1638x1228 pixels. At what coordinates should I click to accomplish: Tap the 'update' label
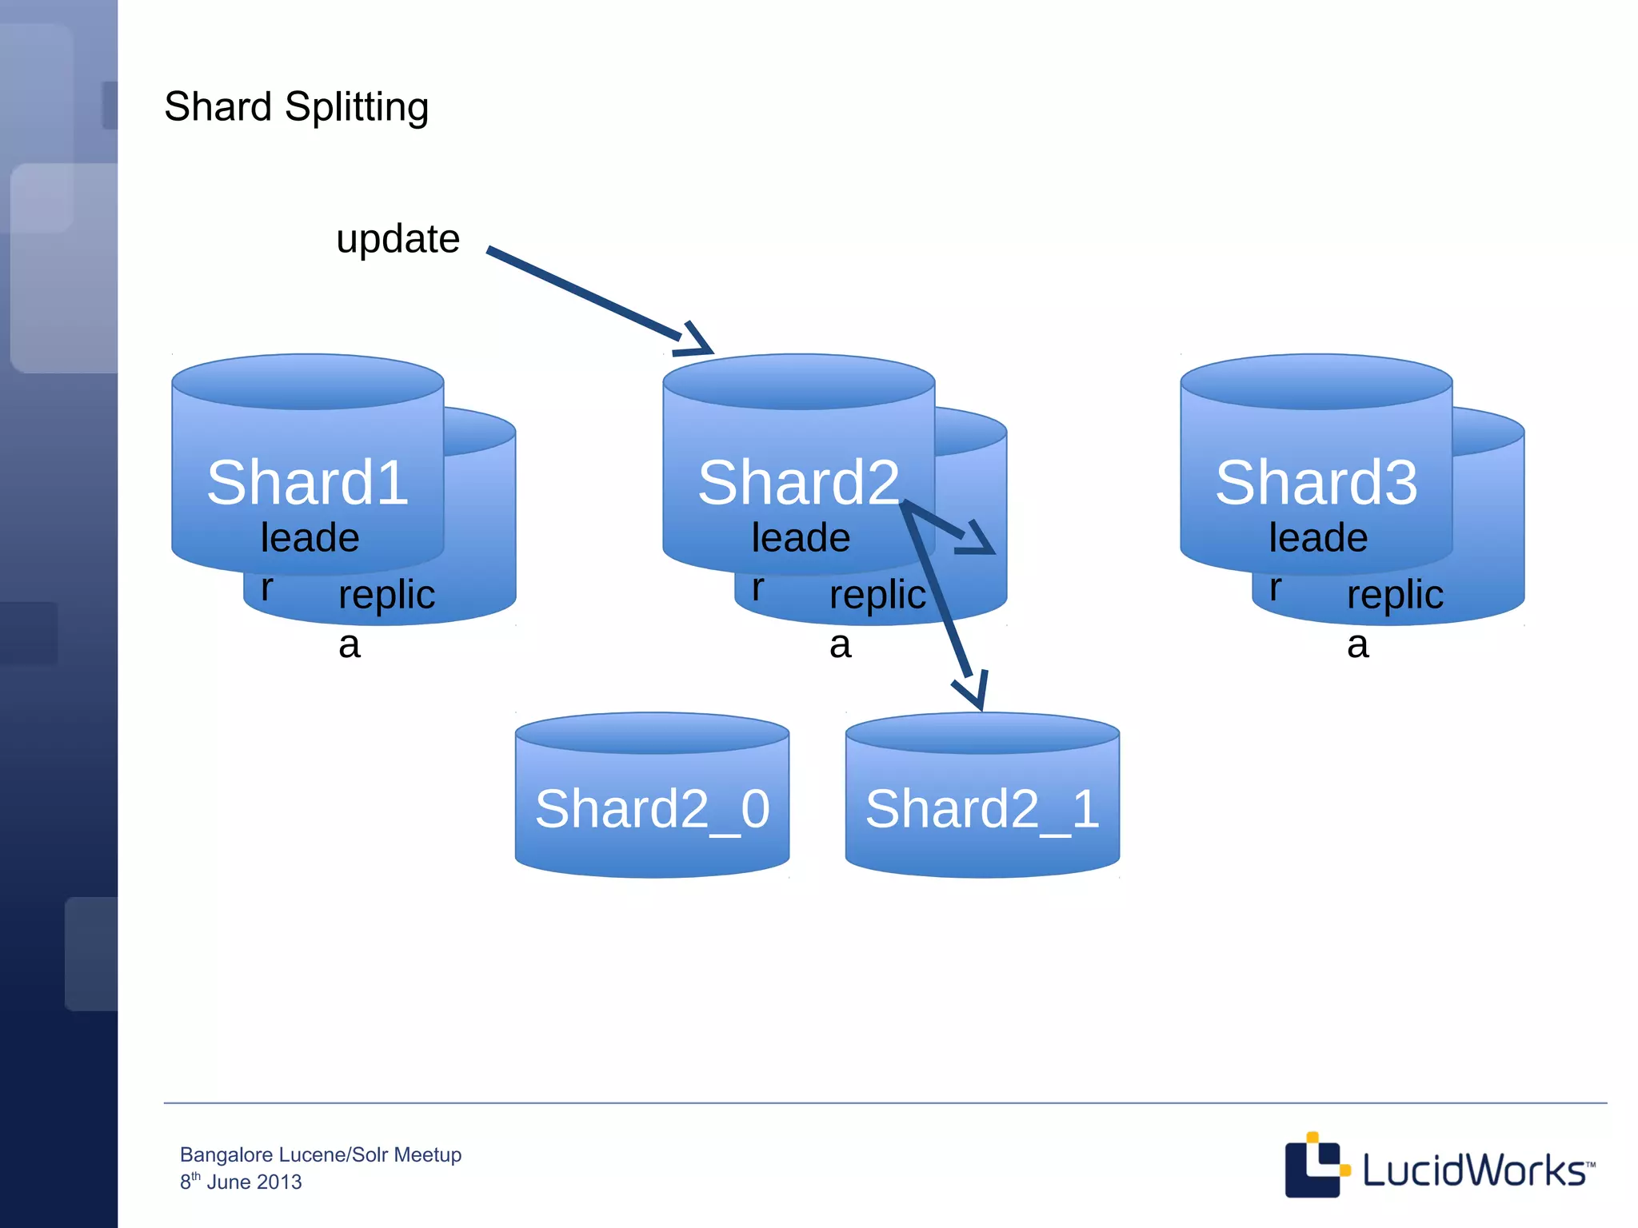pyautogui.click(x=398, y=239)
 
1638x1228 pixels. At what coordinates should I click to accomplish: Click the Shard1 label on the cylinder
pyautogui.click(x=307, y=483)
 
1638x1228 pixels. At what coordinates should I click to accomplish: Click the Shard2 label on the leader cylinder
pyautogui.click(x=798, y=483)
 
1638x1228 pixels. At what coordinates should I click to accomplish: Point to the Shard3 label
pyautogui.click(x=1316, y=483)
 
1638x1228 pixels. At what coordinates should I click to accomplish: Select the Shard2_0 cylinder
pyautogui.click(x=652, y=807)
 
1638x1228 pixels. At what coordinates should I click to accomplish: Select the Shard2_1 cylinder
pyautogui.click(x=982, y=807)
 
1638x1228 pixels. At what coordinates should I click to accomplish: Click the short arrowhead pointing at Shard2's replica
pyautogui.click(x=977, y=540)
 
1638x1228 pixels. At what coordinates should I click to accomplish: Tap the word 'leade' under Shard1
pyautogui.click(x=310, y=538)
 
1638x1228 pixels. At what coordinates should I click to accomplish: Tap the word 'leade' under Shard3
pyautogui.click(x=1318, y=538)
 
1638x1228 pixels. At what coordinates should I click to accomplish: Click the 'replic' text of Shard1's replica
pyautogui.click(x=386, y=595)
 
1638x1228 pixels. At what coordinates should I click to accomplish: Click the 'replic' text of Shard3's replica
pyautogui.click(x=1395, y=595)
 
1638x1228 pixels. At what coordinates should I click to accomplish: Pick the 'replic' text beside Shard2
pyautogui.click(x=877, y=595)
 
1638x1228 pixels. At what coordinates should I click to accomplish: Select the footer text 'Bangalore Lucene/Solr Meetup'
pyautogui.click(x=320, y=1154)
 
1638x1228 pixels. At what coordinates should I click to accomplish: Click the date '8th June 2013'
pyautogui.click(x=241, y=1182)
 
